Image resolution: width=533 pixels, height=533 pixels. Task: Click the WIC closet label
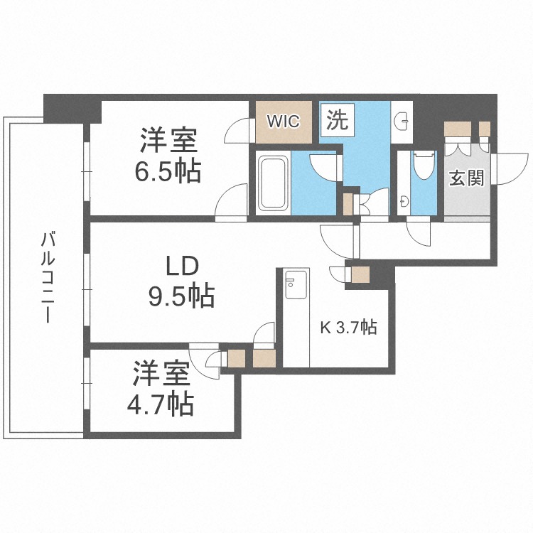coord(284,120)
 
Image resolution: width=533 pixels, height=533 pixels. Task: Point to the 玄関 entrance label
coord(466,177)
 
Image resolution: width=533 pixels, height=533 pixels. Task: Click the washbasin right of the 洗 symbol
coord(402,119)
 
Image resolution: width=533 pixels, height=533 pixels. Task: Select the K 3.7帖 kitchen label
coord(348,328)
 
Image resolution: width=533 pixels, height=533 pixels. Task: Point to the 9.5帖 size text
coord(183,296)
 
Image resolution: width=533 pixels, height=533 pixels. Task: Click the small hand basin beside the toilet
coord(404,201)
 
